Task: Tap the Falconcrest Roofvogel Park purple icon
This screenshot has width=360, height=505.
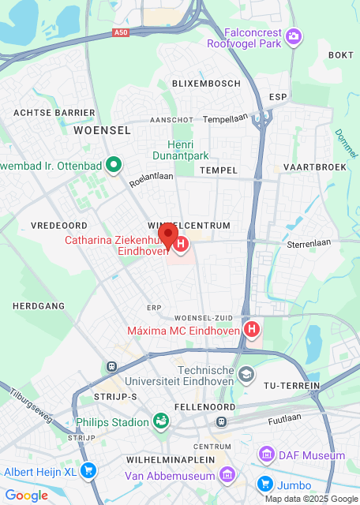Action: (x=294, y=36)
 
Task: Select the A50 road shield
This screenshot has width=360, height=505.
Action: (x=120, y=32)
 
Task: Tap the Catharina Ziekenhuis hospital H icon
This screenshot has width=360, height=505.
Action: (x=181, y=245)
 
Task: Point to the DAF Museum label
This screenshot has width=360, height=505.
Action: (x=311, y=455)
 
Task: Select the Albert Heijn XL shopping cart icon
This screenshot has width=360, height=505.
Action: (x=89, y=472)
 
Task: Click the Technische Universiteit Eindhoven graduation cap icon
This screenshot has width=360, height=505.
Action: (x=246, y=374)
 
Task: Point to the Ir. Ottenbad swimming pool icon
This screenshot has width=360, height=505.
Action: (x=114, y=165)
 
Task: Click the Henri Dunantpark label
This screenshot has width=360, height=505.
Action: (x=182, y=151)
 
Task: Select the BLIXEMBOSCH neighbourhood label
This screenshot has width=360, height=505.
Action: (x=205, y=84)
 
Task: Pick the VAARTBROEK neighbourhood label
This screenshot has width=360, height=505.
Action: (x=314, y=167)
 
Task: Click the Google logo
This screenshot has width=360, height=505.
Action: (x=26, y=495)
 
